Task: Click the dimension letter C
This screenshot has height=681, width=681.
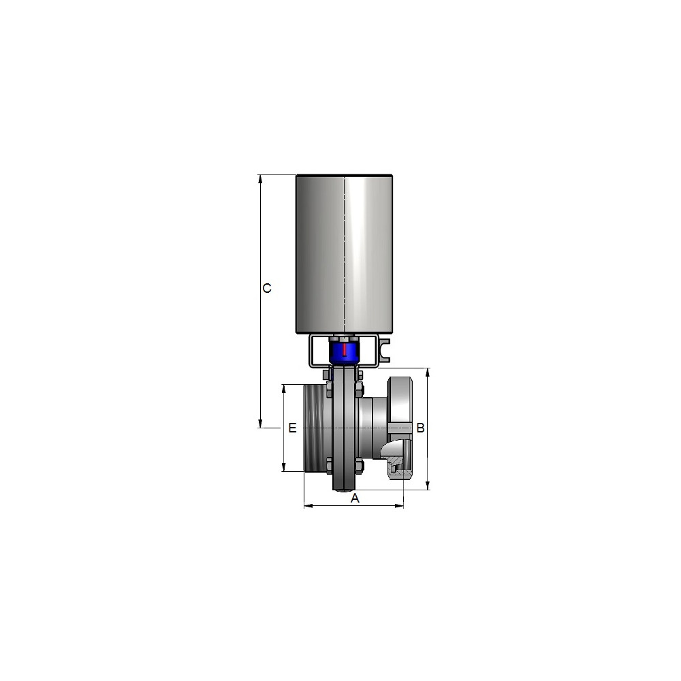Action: point(267,288)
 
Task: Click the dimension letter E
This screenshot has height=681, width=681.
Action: point(292,428)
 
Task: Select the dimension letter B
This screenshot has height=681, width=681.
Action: point(420,428)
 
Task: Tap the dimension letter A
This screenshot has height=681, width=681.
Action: point(355,498)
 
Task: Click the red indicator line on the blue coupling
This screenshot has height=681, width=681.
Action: point(345,349)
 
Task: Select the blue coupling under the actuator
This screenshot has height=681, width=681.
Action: point(345,352)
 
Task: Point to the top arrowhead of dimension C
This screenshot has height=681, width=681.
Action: point(261,178)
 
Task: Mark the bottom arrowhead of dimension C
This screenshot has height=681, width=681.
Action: point(261,424)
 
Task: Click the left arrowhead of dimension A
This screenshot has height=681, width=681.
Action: point(308,505)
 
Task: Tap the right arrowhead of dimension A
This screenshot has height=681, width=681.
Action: point(399,505)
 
